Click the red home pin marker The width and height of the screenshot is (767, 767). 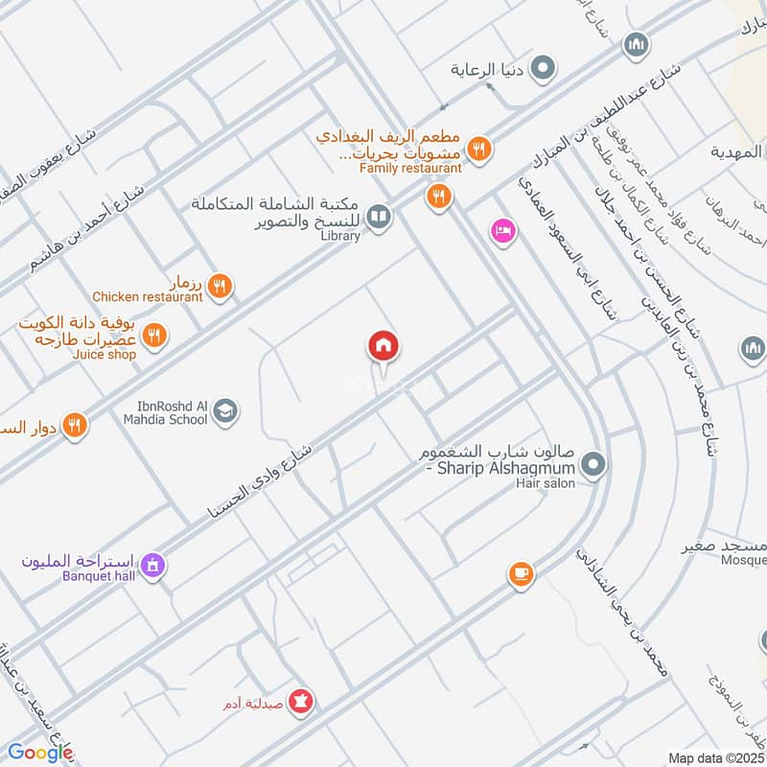pyautogui.click(x=383, y=346)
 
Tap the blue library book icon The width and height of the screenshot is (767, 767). pyautogui.click(x=380, y=219)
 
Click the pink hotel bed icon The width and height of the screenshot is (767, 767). pyautogui.click(x=502, y=231)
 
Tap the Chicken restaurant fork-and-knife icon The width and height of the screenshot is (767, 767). pyautogui.click(x=220, y=285)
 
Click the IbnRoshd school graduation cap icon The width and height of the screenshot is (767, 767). pyautogui.click(x=225, y=411)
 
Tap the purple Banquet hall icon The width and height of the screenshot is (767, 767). pyautogui.click(x=151, y=568)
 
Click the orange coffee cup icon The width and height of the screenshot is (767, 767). pyautogui.click(x=521, y=573)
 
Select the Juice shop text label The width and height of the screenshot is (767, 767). pyautogui.click(x=104, y=355)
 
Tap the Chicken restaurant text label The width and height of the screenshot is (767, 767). pyautogui.click(x=147, y=297)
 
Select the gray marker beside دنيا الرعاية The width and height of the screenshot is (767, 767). pyautogui.click(x=543, y=69)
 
